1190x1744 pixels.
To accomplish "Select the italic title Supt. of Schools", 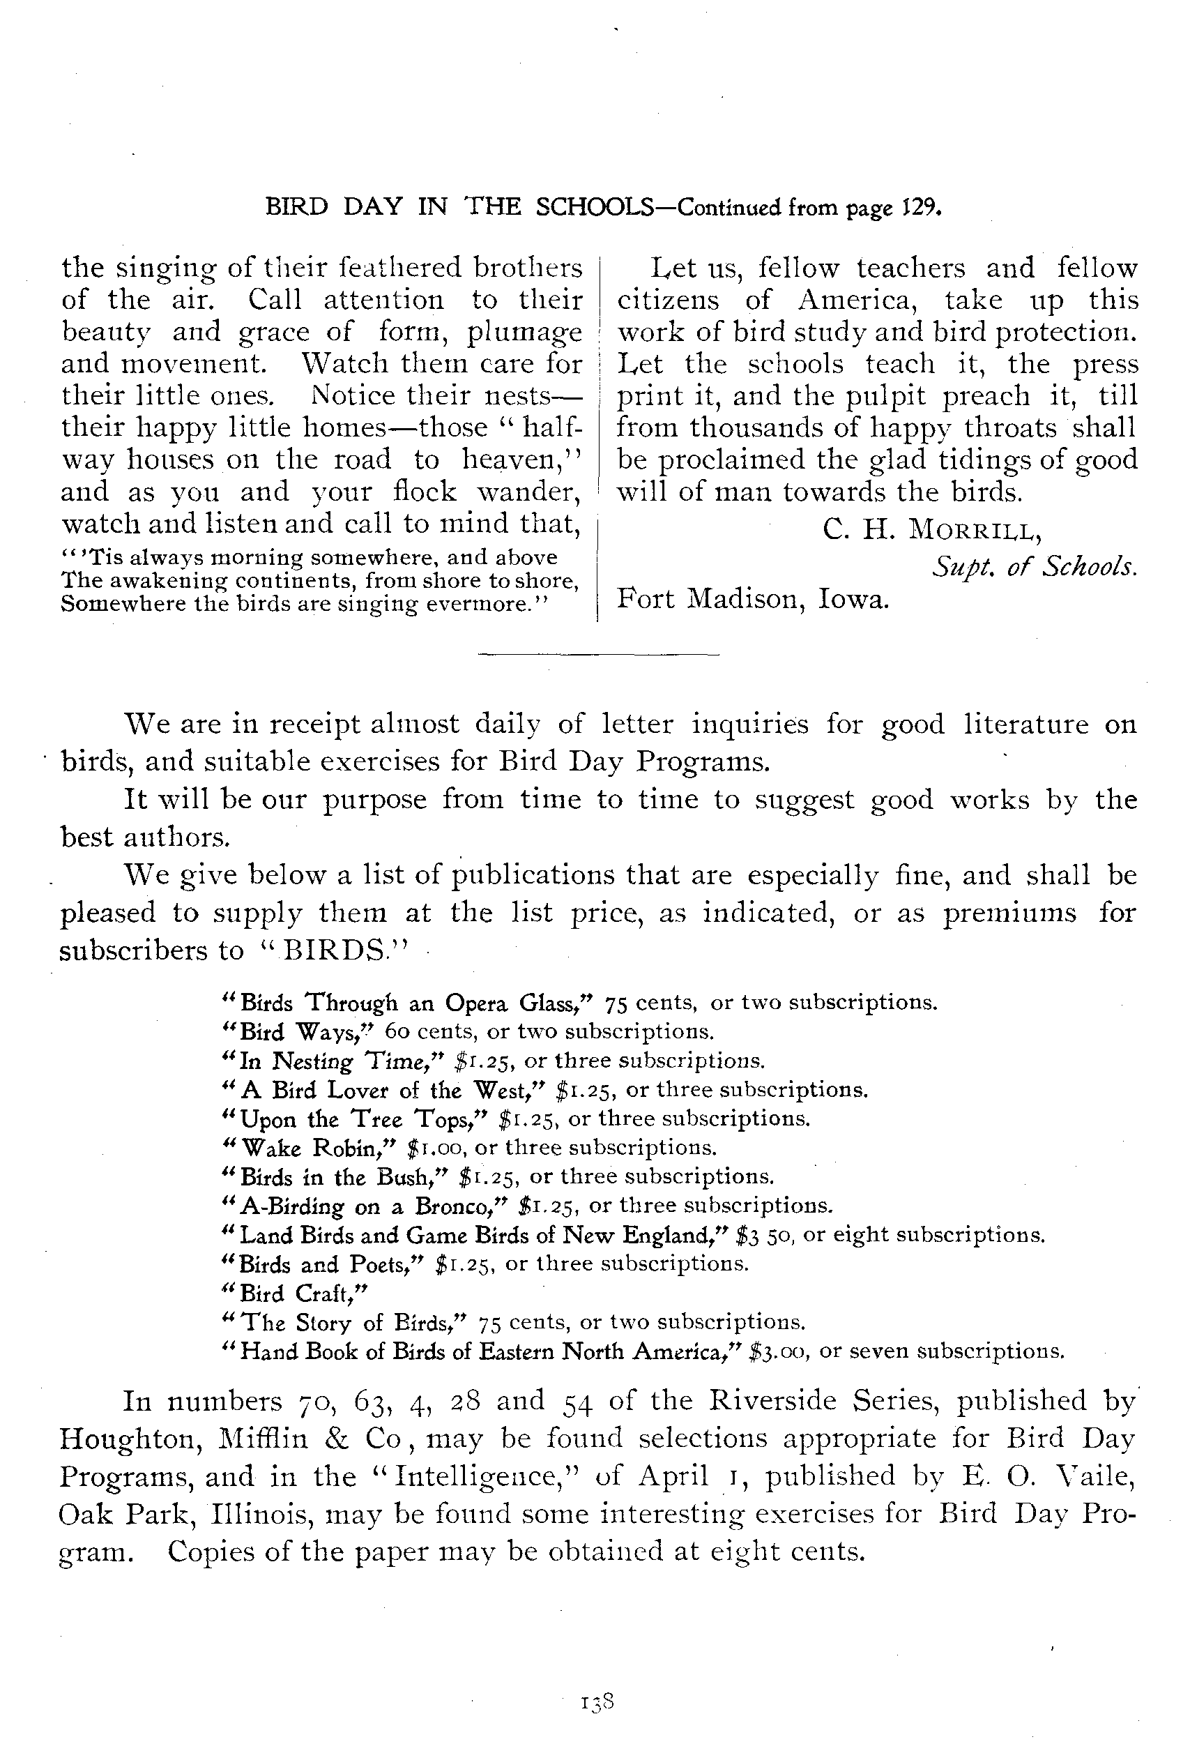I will pyautogui.click(x=1035, y=567).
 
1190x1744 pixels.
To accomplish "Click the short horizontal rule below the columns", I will pyautogui.click(x=598, y=654).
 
